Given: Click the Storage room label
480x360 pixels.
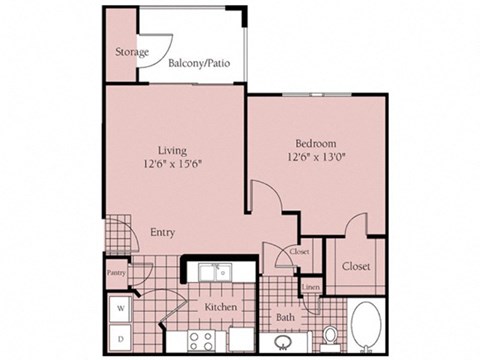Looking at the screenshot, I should pyautogui.click(x=132, y=52).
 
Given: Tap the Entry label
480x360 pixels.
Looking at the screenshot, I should pyautogui.click(x=162, y=232).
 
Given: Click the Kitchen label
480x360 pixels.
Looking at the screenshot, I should pyautogui.click(x=220, y=308).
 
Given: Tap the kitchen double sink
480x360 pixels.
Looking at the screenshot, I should pyautogui.click(x=213, y=271).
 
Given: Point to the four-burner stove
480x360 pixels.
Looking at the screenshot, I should pyautogui.click(x=200, y=339).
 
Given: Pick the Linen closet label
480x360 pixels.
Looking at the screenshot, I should pyautogui.click(x=310, y=287).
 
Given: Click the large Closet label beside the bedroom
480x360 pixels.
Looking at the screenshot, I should pyautogui.click(x=356, y=267).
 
